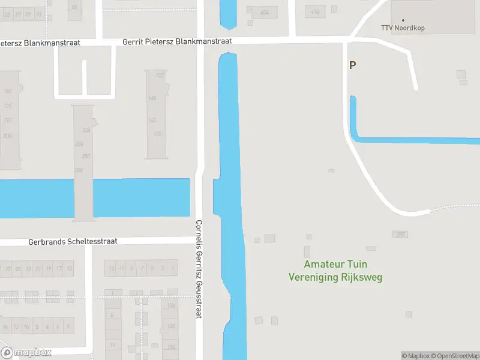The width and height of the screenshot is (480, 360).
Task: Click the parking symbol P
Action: click(x=352, y=65)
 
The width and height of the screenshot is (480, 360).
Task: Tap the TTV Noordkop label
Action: click(x=403, y=28)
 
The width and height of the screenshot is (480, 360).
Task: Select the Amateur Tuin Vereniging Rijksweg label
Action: click(x=335, y=271)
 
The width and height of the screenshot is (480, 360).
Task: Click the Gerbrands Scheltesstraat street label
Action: click(x=73, y=241)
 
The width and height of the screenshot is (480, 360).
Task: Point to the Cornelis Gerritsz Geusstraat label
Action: click(x=199, y=269)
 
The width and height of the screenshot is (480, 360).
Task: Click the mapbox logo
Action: click(x=26, y=353)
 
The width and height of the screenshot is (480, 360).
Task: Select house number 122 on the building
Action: click(x=160, y=76)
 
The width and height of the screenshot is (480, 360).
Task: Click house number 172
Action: click(x=158, y=134)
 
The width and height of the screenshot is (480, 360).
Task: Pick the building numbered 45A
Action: click(x=265, y=13)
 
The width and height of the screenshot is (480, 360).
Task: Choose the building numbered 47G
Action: click(x=315, y=11)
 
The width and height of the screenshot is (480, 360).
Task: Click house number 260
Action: click(x=78, y=171)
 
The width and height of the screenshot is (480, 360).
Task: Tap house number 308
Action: click(x=7, y=136)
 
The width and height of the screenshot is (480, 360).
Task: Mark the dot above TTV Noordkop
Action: click(x=403, y=20)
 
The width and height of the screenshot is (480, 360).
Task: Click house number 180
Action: click(x=172, y=326)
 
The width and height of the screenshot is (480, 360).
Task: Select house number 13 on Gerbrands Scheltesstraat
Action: click(x=111, y=268)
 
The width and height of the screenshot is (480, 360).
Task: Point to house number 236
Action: click(x=79, y=143)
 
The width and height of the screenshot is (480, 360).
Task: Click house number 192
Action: click(x=7, y=120)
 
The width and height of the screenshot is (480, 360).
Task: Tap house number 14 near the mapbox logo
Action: click(x=5, y=327)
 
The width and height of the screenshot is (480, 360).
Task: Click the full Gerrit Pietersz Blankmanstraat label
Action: click(x=176, y=42)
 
